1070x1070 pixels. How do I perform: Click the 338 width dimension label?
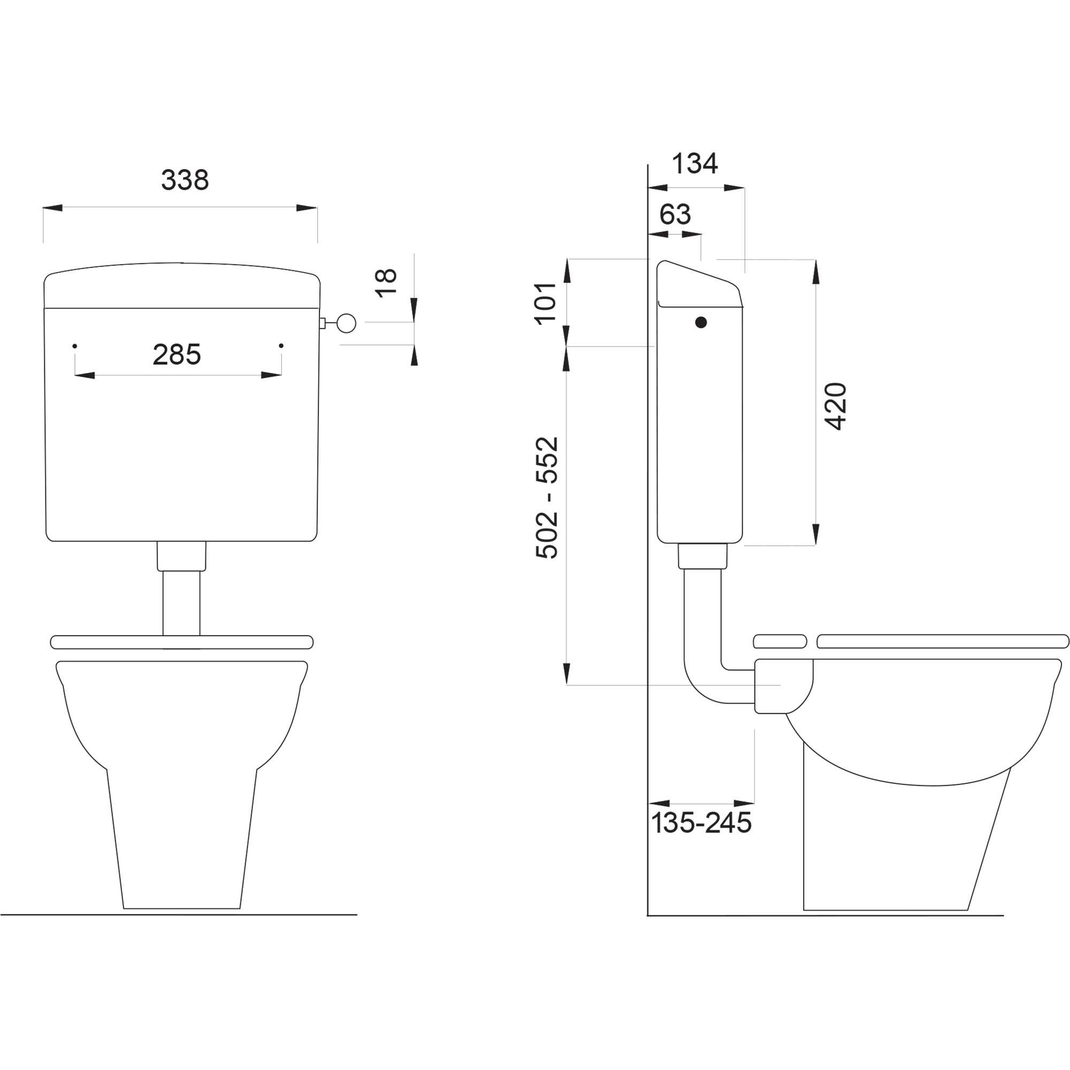tap(185, 180)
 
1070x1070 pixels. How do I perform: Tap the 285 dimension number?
tap(177, 355)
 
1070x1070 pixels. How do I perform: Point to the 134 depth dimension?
tap(694, 163)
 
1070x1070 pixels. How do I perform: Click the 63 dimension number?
tap(675, 215)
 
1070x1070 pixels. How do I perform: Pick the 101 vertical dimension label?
tap(546, 302)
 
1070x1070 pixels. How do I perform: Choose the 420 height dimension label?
tap(836, 406)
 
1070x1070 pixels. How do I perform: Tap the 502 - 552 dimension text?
tap(547, 498)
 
